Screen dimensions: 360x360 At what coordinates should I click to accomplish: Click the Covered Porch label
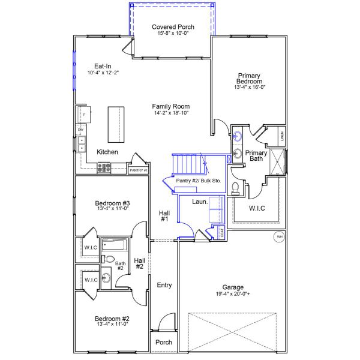point(173,27)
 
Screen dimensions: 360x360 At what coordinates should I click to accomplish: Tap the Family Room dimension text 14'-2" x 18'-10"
point(171,113)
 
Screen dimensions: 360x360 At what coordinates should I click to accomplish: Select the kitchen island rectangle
point(116,124)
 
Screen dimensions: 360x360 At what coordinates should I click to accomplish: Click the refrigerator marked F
point(84,115)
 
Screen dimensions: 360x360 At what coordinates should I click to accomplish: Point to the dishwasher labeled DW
point(80,130)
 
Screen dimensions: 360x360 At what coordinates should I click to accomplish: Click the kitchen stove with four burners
point(104,167)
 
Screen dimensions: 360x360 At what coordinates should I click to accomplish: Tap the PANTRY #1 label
point(139,170)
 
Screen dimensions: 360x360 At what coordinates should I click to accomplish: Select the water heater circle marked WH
point(279,237)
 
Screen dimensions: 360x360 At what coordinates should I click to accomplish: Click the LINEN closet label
point(282,136)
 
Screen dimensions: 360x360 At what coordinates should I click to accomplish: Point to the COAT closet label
point(222,233)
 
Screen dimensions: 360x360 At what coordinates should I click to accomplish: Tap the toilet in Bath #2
point(107,259)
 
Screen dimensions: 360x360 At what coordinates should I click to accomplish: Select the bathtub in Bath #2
point(115,245)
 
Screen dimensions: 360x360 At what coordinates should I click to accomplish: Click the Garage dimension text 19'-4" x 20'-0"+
point(233,293)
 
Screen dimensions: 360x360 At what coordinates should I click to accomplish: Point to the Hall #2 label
point(140,263)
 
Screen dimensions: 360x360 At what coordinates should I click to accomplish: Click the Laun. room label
point(200,202)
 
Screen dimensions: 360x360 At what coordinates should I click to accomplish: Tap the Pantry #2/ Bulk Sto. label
point(199,181)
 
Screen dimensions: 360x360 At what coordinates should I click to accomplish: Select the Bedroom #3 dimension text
point(113,208)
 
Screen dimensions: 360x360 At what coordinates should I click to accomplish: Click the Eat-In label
point(103,66)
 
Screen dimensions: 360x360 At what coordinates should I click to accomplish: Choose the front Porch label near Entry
point(163,343)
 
